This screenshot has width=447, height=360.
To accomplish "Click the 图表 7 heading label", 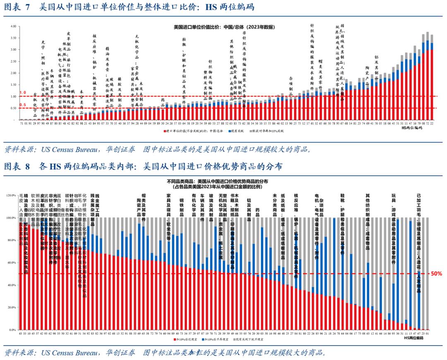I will tap(17, 7).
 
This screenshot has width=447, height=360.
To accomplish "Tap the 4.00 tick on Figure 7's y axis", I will tap(13, 26).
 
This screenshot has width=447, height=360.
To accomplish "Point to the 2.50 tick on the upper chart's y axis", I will tap(13, 61).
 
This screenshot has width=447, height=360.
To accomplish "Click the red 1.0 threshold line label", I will tap(23, 92).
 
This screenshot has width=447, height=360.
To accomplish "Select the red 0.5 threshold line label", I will tap(23, 104).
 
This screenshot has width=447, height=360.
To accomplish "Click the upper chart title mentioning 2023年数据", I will tap(223, 27).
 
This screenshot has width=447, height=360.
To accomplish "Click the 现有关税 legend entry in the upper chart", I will tap(236, 131).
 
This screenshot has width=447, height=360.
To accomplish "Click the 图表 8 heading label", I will tap(17, 167).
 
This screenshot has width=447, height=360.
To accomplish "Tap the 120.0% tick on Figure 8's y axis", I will tap(11, 195).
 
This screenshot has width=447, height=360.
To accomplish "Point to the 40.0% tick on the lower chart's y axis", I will tap(12, 285).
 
